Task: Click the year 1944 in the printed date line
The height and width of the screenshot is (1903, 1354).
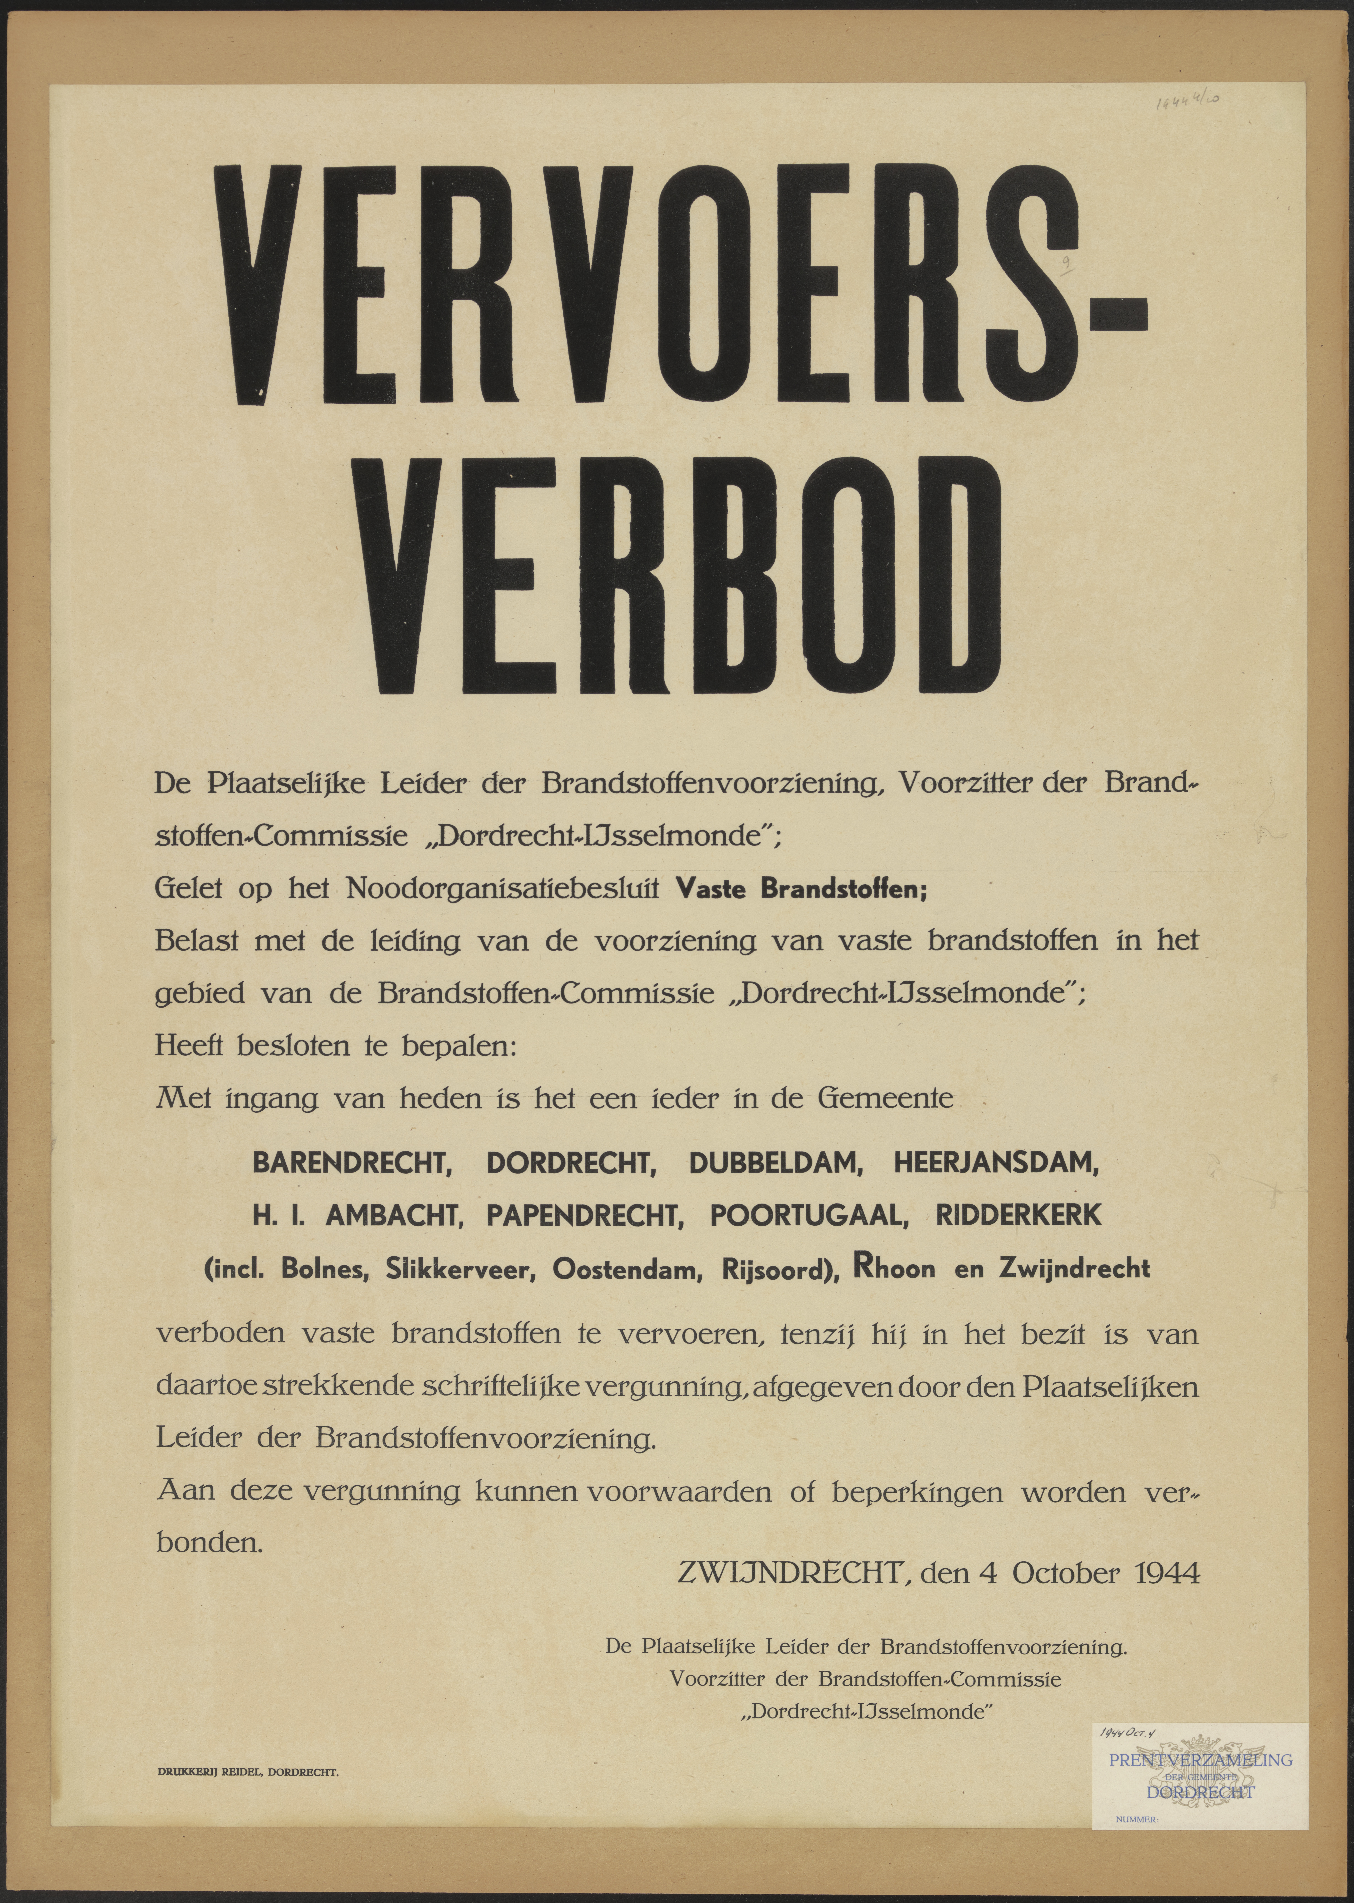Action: coord(1167,1574)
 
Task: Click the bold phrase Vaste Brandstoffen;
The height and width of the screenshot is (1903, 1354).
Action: coord(800,889)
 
